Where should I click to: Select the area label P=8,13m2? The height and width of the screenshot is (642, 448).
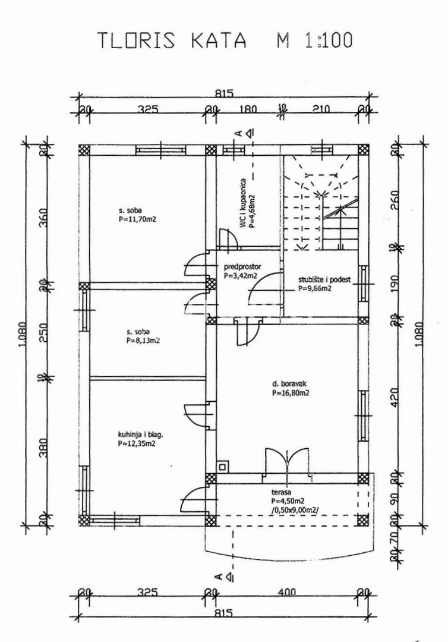coord(141,341)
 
